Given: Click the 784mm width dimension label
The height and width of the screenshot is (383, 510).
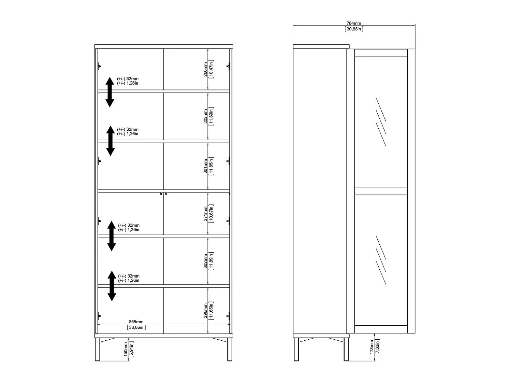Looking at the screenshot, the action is [354, 23].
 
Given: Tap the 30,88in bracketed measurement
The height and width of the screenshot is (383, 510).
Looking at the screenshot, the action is [354, 29].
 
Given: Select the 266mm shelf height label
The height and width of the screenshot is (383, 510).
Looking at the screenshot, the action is [205, 69].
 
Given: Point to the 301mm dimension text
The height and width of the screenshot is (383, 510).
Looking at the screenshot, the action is [205, 166].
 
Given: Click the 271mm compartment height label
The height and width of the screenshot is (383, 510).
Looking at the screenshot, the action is [205, 214].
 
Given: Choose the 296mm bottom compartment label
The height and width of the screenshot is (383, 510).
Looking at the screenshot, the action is [205, 311].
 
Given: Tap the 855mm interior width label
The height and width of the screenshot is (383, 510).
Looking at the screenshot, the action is [136, 321].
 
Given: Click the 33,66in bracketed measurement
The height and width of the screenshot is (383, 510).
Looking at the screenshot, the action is [136, 327].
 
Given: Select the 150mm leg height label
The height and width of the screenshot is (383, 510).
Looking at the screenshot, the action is [126, 349].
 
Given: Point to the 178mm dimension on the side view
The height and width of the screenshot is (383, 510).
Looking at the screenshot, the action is [372, 347].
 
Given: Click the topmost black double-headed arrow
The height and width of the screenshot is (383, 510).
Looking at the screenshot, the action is [110, 92].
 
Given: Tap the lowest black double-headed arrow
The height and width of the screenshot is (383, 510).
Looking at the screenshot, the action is [112, 286].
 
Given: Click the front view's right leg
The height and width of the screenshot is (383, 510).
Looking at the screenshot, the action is [229, 349].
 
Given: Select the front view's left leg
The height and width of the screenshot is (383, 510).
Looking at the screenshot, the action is [97, 349].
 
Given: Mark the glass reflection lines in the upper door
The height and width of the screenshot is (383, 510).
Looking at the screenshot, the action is [381, 122].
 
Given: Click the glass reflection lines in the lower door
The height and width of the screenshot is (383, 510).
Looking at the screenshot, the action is [381, 260].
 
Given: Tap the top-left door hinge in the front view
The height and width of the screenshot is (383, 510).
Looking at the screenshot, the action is [99, 66].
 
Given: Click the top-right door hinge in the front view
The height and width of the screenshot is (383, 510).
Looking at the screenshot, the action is [228, 66].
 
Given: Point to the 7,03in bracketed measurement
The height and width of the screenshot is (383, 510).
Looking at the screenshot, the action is [378, 347].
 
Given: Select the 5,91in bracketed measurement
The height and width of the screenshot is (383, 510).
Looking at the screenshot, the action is [131, 349].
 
